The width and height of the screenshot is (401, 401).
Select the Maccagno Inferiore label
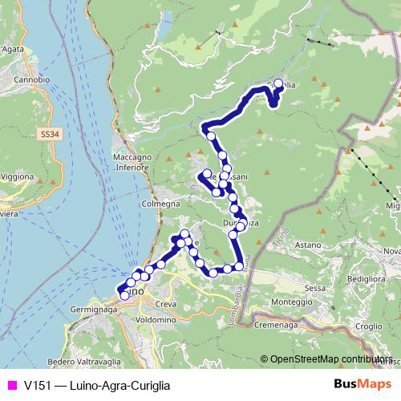(132, 163)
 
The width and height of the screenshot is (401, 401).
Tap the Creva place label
(165, 304)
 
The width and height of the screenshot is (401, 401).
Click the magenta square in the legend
(10, 385)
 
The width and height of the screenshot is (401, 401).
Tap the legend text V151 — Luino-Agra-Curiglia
(96, 385)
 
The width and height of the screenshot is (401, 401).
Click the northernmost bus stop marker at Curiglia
(278, 83)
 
